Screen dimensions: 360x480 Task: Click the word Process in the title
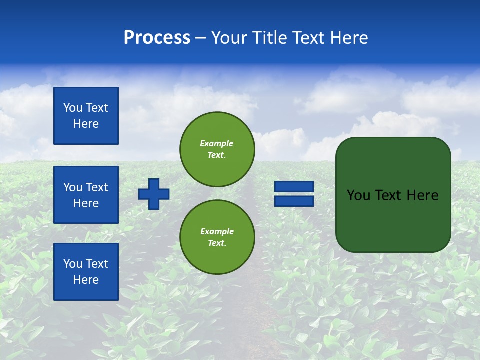click(157, 38)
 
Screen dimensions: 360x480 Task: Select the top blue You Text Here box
click(86, 116)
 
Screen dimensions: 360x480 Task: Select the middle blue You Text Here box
click(86, 195)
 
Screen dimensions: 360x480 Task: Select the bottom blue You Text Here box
click(86, 272)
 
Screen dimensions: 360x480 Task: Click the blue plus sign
click(154, 194)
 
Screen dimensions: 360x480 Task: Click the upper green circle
click(217, 149)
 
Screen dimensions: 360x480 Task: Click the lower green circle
click(217, 237)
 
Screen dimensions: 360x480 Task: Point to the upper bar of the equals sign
click(294, 186)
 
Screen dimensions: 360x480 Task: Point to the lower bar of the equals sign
click(294, 201)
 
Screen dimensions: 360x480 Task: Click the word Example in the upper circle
click(217, 143)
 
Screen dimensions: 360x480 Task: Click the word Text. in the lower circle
click(217, 243)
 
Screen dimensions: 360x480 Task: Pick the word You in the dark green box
click(358, 195)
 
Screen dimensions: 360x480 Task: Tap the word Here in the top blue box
click(86, 124)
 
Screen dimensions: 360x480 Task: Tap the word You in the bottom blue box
click(73, 264)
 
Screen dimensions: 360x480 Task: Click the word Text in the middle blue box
click(97, 187)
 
